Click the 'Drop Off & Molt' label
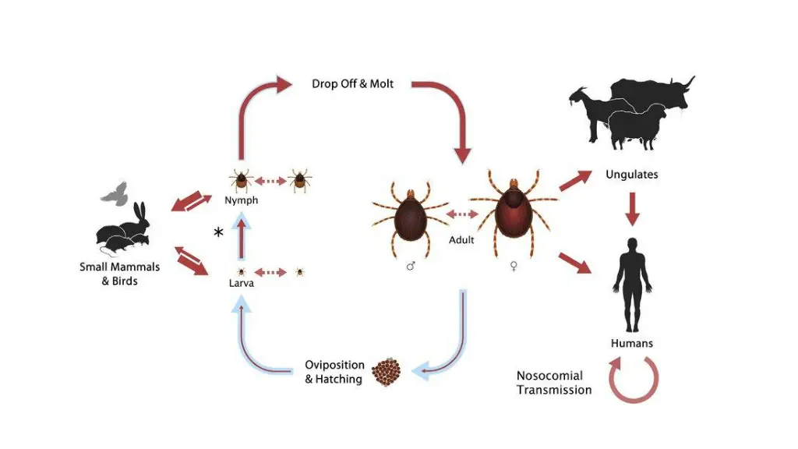click(x=352, y=83)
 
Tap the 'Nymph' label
click(x=242, y=201)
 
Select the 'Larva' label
click(x=241, y=284)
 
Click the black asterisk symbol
click(x=218, y=233)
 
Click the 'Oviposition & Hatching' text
click(x=334, y=372)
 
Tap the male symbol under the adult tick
click(x=411, y=266)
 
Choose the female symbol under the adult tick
click(x=514, y=266)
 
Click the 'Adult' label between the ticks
click(x=461, y=240)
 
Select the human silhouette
click(x=631, y=285)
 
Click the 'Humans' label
click(x=631, y=343)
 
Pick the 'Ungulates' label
click(x=631, y=175)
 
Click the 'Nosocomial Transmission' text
click(x=554, y=383)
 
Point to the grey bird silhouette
click(x=115, y=192)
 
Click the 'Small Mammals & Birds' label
click(x=119, y=274)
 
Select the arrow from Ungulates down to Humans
click(x=632, y=207)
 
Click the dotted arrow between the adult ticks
click(x=461, y=214)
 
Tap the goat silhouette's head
click(x=577, y=94)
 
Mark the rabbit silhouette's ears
click(x=139, y=210)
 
